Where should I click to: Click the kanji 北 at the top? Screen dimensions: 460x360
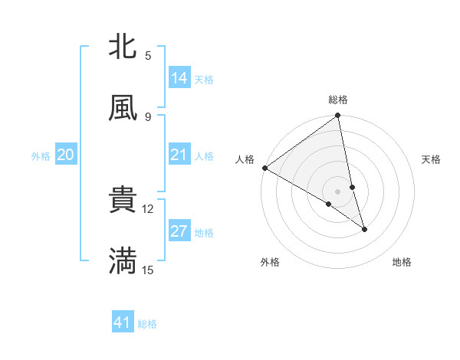[x=123, y=47]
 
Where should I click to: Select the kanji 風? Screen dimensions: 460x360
[x=123, y=108]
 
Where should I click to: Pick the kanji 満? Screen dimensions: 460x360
[x=123, y=261]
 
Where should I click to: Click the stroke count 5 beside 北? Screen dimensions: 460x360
[x=148, y=55]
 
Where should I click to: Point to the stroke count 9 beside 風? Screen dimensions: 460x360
[x=148, y=116]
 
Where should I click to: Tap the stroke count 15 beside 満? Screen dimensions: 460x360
[x=148, y=270]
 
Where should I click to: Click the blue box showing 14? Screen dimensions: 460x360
[x=179, y=78]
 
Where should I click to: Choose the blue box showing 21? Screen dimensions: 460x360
[x=179, y=155]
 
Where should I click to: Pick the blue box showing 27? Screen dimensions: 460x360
[x=179, y=231]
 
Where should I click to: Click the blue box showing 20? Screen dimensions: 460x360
[x=66, y=155]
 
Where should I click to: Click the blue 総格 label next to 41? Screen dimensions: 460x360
[x=148, y=324]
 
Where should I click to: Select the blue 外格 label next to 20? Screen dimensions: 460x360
[x=41, y=155]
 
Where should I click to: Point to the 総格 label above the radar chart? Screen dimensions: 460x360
[x=338, y=100]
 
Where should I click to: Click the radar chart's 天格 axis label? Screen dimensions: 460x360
[x=432, y=159]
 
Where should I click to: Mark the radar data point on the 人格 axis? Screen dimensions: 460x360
[x=264, y=168]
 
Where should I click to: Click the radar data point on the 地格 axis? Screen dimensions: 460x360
[x=364, y=229]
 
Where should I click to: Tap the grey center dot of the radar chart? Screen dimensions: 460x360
[x=338, y=191]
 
